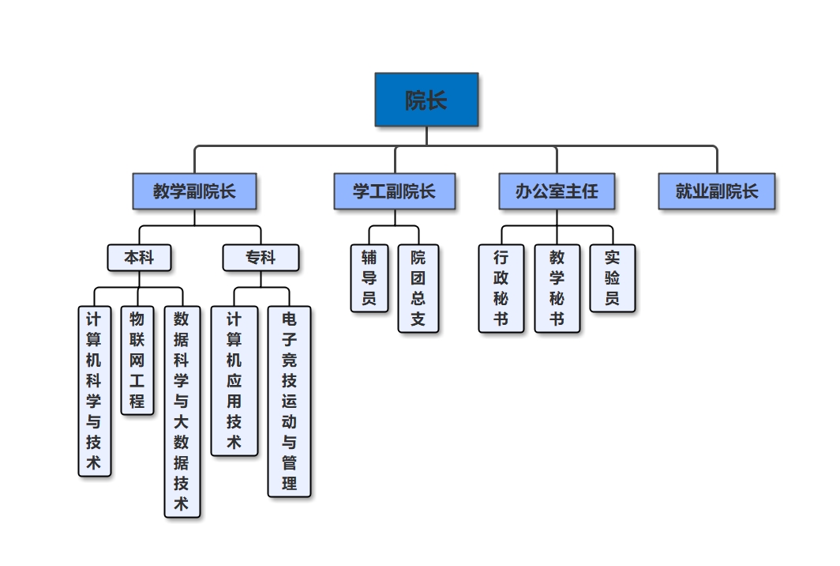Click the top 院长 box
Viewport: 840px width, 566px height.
tap(426, 100)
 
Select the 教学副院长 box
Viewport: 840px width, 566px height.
tap(194, 191)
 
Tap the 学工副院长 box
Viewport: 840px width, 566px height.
tap(394, 191)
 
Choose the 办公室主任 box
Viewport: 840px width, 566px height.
tap(557, 191)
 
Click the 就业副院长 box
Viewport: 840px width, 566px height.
tap(716, 191)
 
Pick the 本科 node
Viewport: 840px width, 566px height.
tap(140, 258)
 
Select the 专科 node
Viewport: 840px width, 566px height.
tap(261, 258)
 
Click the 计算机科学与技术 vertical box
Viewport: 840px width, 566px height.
tap(94, 391)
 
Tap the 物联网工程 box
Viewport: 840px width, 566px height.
tap(137, 360)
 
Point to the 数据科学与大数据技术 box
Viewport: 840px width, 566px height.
tap(182, 411)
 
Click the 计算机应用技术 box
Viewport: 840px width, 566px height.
tap(234, 380)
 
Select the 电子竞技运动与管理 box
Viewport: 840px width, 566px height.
tap(289, 401)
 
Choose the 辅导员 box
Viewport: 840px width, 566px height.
tap(369, 277)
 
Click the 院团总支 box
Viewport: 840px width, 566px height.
tap(418, 288)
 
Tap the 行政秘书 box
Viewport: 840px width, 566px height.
tap(501, 288)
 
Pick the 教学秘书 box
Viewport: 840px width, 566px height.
tap(557, 288)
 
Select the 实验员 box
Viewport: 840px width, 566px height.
tap(612, 277)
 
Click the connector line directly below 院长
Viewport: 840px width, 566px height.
tap(426, 136)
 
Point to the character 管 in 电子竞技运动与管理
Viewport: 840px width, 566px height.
tap(289, 462)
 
